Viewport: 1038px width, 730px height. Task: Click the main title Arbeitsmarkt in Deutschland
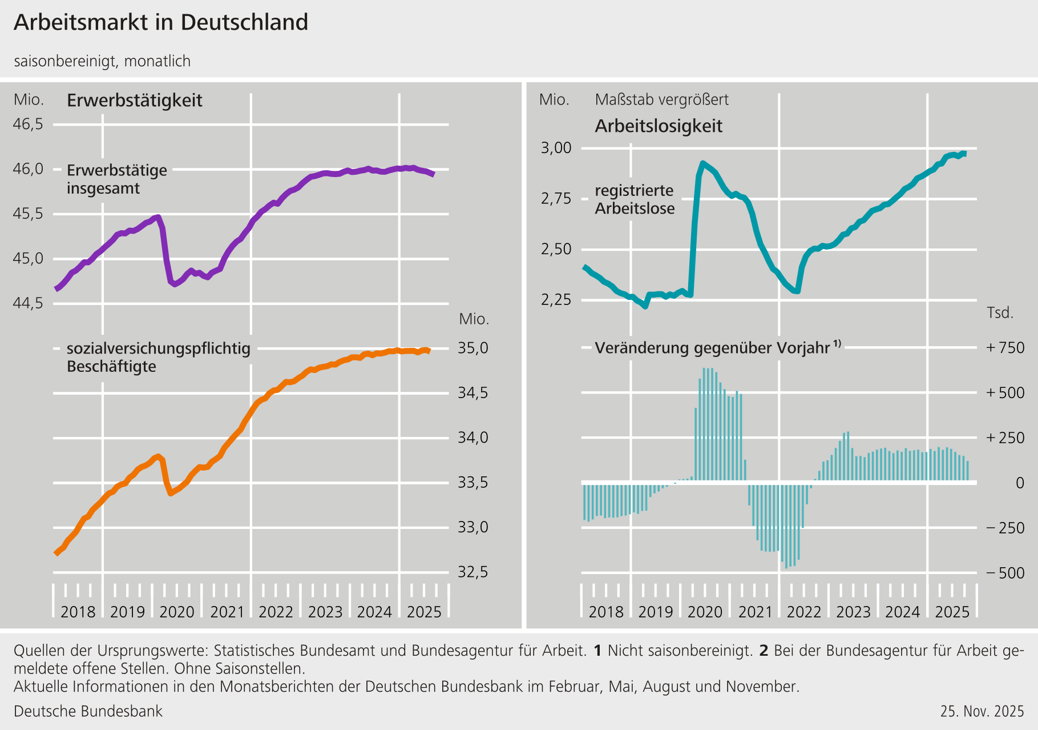[161, 23]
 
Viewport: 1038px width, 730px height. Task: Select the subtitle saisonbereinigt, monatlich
[102, 61]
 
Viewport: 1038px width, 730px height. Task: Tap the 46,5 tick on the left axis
[28, 124]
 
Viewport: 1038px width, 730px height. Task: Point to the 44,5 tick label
[28, 303]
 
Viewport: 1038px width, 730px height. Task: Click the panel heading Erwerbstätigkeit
[135, 101]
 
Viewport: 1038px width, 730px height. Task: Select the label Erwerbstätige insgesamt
[117, 179]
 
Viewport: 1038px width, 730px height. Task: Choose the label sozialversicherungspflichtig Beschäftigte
[159, 358]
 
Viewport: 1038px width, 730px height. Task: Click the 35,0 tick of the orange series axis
[473, 348]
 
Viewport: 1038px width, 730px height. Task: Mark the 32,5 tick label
[473, 572]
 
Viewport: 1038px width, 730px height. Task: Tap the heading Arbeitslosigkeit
[659, 126]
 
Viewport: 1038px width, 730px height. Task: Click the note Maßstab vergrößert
[661, 100]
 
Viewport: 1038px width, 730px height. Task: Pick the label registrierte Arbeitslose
[635, 199]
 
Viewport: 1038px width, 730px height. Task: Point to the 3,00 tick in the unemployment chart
[556, 149]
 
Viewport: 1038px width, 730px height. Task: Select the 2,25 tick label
[556, 300]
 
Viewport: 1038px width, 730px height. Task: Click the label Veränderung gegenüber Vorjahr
[712, 348]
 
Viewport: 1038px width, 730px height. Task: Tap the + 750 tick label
[1005, 348]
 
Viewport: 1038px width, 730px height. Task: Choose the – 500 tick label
[1005, 573]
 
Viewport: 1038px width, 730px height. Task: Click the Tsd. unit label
[1000, 313]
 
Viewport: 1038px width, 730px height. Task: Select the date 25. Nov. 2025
[982, 712]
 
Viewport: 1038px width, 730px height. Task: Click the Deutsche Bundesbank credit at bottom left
[88, 712]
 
